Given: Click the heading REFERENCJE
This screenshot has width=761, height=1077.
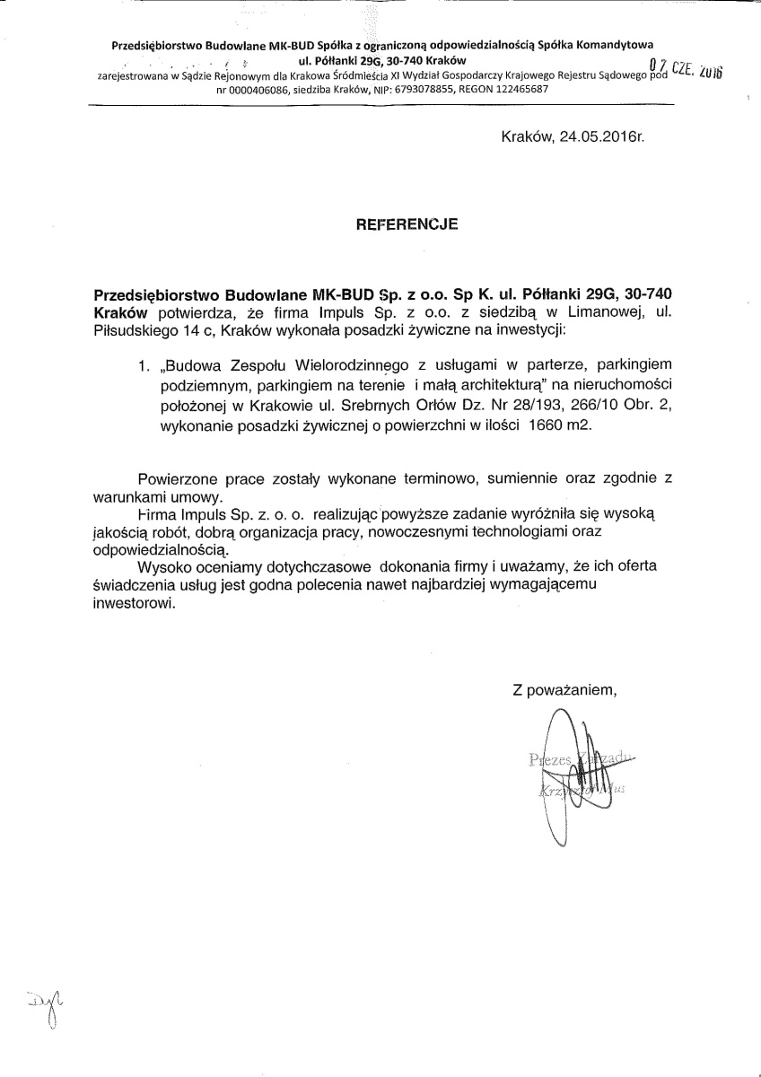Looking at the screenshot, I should click(x=407, y=225).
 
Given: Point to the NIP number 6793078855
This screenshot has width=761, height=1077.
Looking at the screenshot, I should click(x=420, y=91).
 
